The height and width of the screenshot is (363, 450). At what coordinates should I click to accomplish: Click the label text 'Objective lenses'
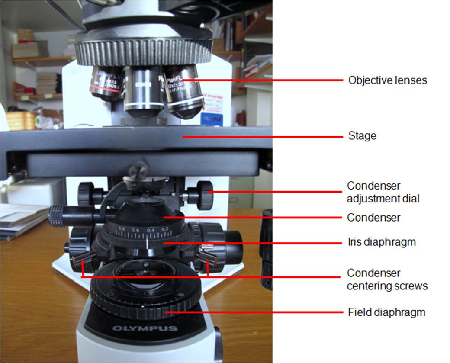(x=387, y=80)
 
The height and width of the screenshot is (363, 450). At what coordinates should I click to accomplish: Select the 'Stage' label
(x=362, y=136)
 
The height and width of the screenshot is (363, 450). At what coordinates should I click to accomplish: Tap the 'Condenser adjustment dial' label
(x=382, y=192)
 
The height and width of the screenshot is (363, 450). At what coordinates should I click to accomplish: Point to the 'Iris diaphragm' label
(x=381, y=242)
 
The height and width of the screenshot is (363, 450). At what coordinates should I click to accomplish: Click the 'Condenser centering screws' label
(x=387, y=279)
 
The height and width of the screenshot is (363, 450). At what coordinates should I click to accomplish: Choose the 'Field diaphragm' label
(x=386, y=312)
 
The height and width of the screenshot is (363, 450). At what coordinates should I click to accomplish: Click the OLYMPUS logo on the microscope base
(x=145, y=328)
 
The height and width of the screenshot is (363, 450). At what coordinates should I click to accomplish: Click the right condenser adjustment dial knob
(x=204, y=195)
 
